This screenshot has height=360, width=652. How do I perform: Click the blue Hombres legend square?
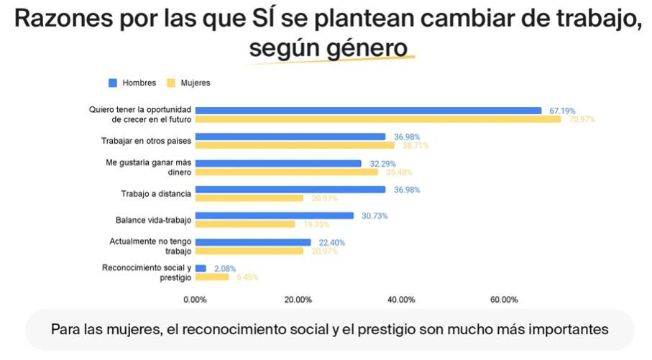tap(112, 83)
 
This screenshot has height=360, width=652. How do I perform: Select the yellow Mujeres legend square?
tap(171, 83)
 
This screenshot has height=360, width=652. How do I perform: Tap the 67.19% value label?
tap(562, 111)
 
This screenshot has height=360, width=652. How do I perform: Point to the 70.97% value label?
tap(582, 119)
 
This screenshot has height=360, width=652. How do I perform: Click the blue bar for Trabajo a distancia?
tap(290, 190)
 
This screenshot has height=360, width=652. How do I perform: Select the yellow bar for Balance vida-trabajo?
tap(245, 224)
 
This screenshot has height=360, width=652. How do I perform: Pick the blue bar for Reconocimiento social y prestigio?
tap(201, 268)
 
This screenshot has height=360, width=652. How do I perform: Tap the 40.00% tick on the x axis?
tap(401, 300)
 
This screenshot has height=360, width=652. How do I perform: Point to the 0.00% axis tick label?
tap(195, 300)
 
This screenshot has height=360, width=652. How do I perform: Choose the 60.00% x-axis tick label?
tap(504, 300)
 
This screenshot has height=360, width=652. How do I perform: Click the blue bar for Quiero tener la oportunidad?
tap(368, 111)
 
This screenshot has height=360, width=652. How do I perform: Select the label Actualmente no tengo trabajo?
tap(150, 246)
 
